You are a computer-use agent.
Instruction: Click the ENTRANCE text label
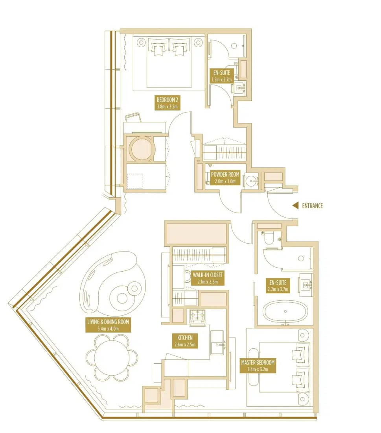[x=312, y=205]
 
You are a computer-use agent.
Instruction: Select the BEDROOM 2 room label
[x=168, y=103]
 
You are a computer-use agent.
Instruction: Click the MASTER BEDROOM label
[x=258, y=366]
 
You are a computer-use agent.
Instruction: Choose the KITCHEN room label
[x=184, y=341]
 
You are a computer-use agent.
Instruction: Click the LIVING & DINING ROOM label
[x=108, y=325]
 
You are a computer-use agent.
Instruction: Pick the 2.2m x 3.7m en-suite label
[x=278, y=285]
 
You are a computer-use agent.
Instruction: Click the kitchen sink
[x=217, y=345]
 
